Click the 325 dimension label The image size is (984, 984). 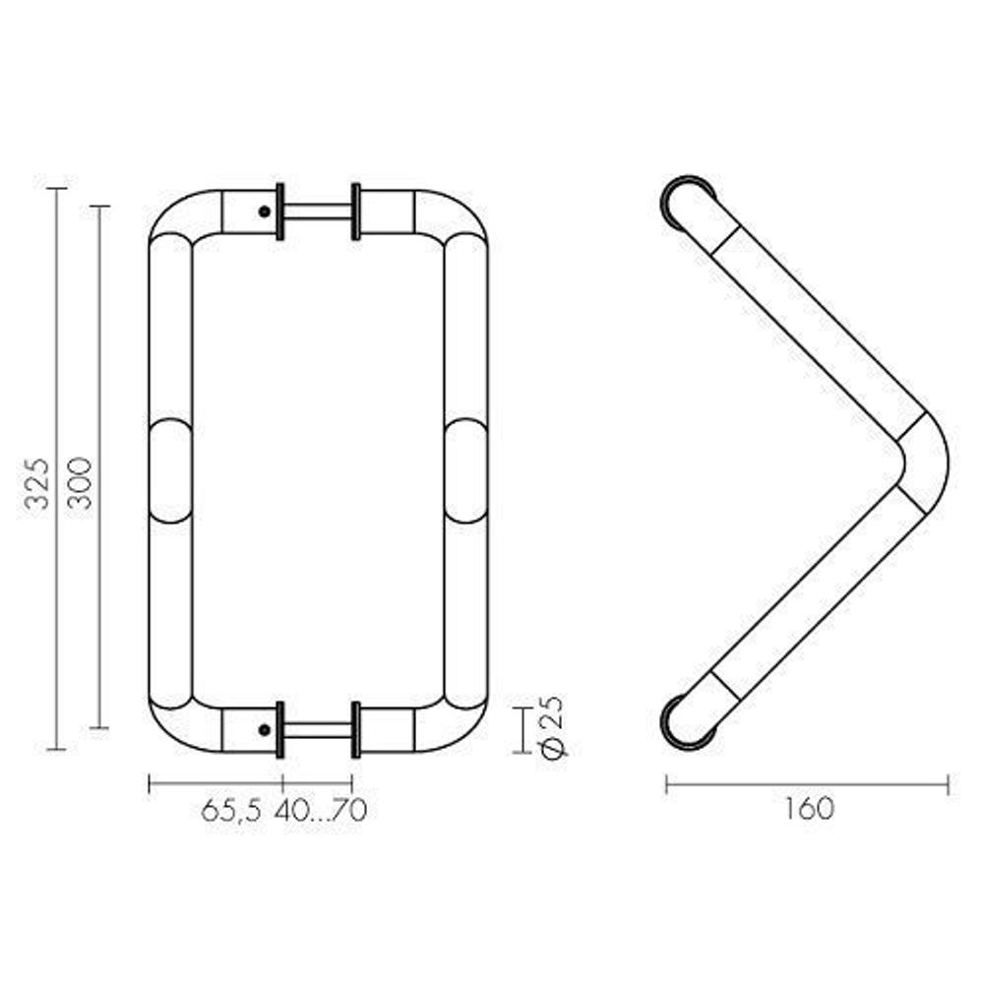[x=36, y=483]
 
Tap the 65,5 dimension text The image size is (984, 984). [x=231, y=811]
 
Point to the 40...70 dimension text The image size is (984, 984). [x=321, y=811]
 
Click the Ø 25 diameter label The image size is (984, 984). [x=553, y=728]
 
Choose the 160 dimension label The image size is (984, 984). [x=809, y=809]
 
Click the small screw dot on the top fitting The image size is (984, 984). [x=263, y=210]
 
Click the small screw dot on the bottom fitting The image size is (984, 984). [x=263, y=729]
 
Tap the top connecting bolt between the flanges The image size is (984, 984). [x=317, y=212]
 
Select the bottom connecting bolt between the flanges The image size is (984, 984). [x=317, y=730]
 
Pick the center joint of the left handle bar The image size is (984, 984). [x=170, y=469]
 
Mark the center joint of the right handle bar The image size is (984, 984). [x=465, y=469]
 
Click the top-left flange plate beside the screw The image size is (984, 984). [x=281, y=212]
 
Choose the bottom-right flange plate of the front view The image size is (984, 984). [x=355, y=730]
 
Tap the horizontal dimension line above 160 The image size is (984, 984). [x=807, y=784]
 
